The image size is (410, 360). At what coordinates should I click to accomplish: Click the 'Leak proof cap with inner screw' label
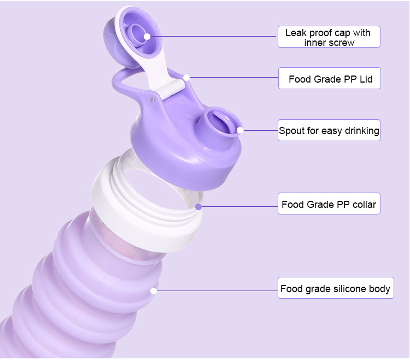[x=328, y=37]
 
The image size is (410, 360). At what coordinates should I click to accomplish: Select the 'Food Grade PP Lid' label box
[x=329, y=79]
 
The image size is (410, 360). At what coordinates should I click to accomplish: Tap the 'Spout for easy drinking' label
[x=329, y=131]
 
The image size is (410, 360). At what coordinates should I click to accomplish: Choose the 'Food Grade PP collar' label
[x=329, y=205]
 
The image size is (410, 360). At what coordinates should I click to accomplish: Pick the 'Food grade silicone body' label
[x=335, y=288]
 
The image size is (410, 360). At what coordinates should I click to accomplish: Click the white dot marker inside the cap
[x=147, y=37]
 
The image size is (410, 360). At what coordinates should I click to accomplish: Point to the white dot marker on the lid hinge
[x=186, y=78]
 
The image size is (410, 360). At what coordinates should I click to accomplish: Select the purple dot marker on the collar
[x=198, y=206]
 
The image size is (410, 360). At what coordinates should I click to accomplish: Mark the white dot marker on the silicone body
[x=154, y=291]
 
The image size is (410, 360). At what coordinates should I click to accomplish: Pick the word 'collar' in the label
[x=362, y=205]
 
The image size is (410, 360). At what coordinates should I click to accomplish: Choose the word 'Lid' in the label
[x=366, y=79]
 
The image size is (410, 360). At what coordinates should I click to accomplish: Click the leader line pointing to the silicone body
[x=219, y=291]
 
